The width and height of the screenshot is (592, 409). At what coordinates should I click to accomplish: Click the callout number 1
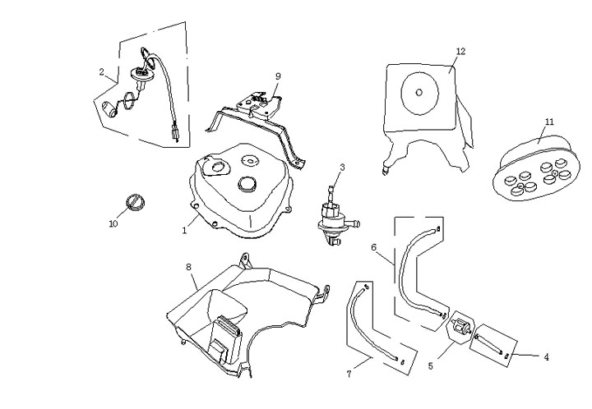pos(185,231)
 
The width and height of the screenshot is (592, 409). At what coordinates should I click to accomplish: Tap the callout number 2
pos(102,72)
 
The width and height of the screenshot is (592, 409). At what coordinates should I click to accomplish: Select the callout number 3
pos(342,168)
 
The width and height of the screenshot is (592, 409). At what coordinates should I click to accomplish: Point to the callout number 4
pos(546,356)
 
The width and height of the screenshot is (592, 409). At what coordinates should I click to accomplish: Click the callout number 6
pos(373,246)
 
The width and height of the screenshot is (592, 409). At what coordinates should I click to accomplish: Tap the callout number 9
pos(278,76)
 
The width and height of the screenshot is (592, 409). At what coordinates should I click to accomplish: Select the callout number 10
pos(113,223)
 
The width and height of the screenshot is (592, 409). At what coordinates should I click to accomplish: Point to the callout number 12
pos(460,51)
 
